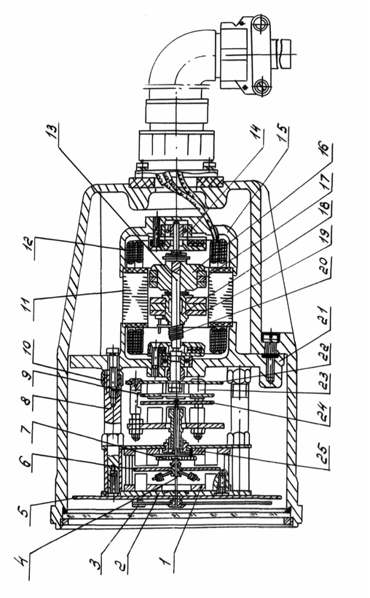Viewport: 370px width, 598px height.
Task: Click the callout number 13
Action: [x=53, y=131]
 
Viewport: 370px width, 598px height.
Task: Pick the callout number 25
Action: [x=324, y=454]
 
